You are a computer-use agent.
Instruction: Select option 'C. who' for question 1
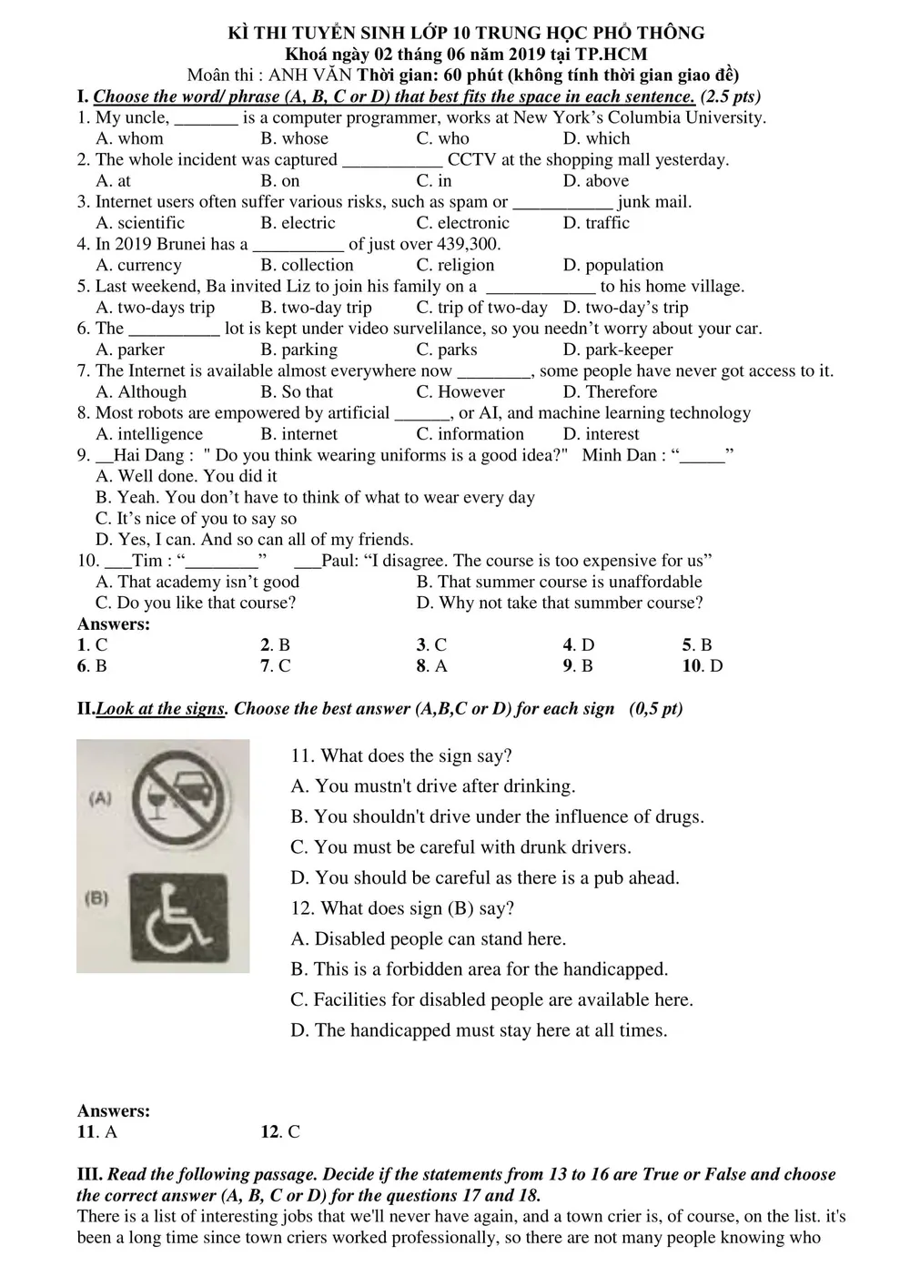[x=442, y=138]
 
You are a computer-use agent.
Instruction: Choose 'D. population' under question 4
[x=612, y=265]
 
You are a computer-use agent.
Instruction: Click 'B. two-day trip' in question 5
[x=316, y=308]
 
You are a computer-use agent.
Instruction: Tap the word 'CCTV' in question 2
[x=471, y=159]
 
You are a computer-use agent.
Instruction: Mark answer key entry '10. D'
[x=703, y=665]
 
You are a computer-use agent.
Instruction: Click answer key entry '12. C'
[x=280, y=1131]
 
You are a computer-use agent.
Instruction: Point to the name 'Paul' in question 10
[x=339, y=561]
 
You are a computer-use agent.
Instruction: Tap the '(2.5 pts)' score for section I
[x=731, y=96]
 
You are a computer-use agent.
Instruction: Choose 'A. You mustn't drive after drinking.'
[x=433, y=786]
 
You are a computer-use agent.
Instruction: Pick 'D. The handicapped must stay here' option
[x=479, y=1030]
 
